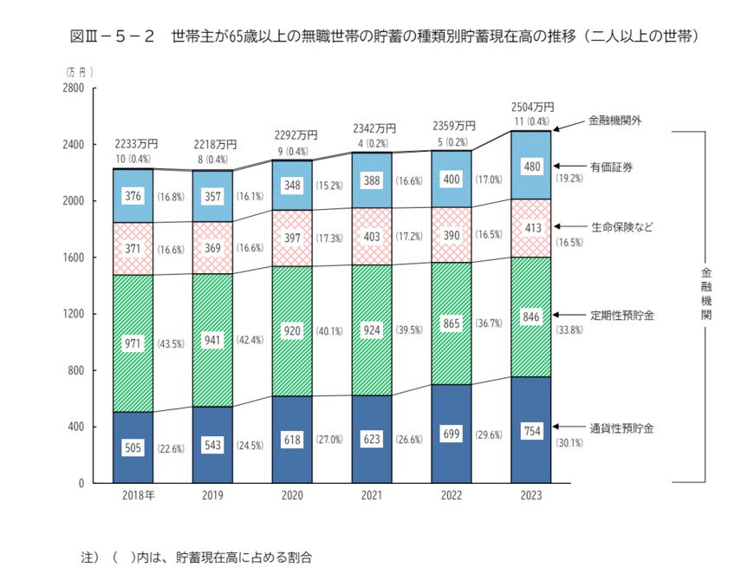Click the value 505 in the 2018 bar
(x=133, y=449)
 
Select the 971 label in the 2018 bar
(x=133, y=344)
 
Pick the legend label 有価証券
(x=610, y=166)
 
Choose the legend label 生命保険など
(x=621, y=227)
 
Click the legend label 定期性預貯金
(x=621, y=315)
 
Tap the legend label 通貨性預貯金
(x=621, y=428)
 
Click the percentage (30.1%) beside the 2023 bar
(x=569, y=442)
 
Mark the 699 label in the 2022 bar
(x=452, y=433)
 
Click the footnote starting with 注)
(x=194, y=556)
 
